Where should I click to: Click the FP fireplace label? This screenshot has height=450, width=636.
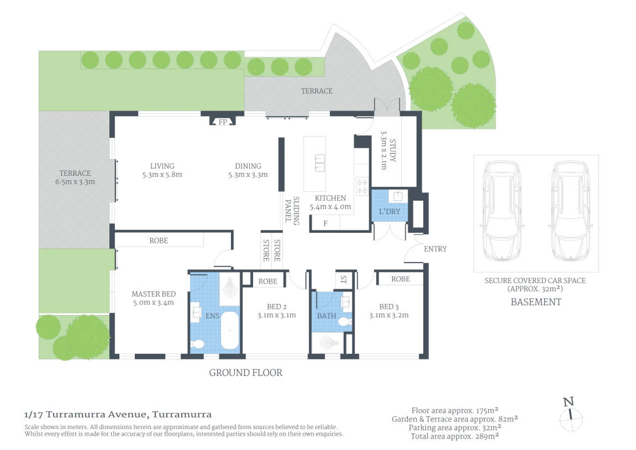coord(223,122)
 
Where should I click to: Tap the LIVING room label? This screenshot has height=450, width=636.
coord(162,166)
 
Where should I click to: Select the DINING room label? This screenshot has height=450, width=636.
coord(248,166)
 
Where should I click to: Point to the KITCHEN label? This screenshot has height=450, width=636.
coord(330,198)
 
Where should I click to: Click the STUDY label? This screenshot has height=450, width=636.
coord(392,150)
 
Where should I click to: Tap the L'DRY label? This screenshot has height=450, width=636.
coord(389,211)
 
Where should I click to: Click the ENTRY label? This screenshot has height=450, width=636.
coord(435,249)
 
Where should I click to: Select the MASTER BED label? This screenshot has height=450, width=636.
coord(154,294)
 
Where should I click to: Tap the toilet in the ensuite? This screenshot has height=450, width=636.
coord(198,344)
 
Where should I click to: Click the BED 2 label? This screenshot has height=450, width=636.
coord(277,307)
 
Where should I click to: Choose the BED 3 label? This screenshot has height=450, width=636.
coord(389,307)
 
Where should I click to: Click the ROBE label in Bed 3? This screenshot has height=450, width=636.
coord(401,279)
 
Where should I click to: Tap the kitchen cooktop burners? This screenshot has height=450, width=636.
coord(362,186)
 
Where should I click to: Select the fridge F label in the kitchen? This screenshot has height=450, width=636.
coord(325,223)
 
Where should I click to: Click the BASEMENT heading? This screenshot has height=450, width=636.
coord(536,302)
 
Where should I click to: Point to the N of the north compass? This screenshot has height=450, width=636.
coord(569,402)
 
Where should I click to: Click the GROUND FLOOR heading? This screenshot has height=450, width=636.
coord(246,373)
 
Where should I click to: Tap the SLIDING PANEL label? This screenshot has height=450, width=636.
coord(292,211)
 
